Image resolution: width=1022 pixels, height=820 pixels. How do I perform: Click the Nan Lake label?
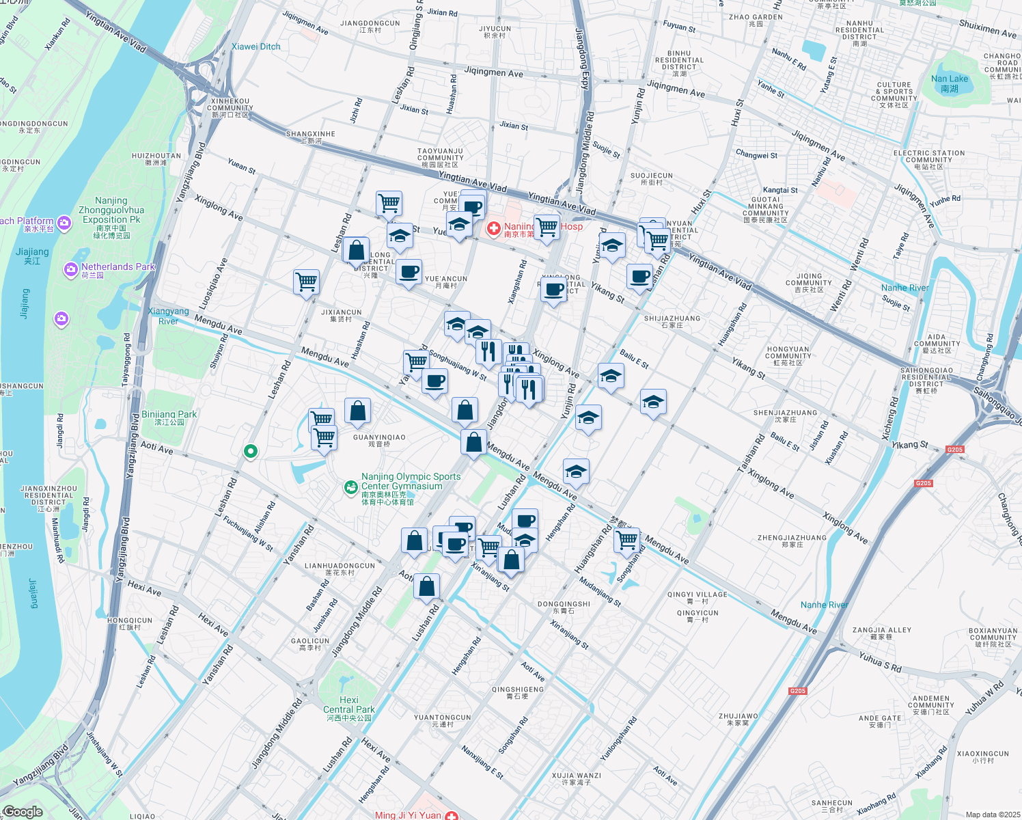pyautogui.click(x=949, y=83)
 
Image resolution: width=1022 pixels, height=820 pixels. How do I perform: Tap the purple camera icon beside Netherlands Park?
pyautogui.click(x=70, y=269)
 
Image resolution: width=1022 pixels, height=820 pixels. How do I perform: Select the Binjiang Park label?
pyautogui.click(x=169, y=418)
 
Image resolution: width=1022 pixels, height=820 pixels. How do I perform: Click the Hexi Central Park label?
pyautogui.click(x=348, y=709)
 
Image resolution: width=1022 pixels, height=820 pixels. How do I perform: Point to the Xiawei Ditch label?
pyautogui.click(x=255, y=46)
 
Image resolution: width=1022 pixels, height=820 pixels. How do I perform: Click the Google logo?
pyautogui.click(x=23, y=812)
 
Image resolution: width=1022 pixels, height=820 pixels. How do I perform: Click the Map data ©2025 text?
pyautogui.click(x=992, y=815)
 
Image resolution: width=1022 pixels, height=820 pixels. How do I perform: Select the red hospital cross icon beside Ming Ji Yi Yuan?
pyautogui.click(x=451, y=815)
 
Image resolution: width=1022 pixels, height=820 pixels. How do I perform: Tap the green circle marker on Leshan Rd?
pyautogui.click(x=251, y=451)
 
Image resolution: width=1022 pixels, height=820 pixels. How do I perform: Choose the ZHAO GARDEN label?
pyautogui.click(x=756, y=20)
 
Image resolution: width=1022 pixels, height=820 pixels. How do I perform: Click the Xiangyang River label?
pyautogui.click(x=168, y=316)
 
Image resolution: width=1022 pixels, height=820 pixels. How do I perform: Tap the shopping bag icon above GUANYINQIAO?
pyautogui.click(x=357, y=411)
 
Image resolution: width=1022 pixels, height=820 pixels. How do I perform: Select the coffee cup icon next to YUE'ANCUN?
pyautogui.click(x=409, y=273)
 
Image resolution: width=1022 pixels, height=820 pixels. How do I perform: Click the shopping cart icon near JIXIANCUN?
pyautogui.click(x=307, y=282)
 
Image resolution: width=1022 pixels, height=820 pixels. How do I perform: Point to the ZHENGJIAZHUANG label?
pyautogui.click(x=792, y=541)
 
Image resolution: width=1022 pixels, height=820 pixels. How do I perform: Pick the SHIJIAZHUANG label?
pyautogui.click(x=672, y=321)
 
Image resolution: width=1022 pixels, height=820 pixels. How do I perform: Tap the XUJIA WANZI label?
pyautogui.click(x=576, y=778)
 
